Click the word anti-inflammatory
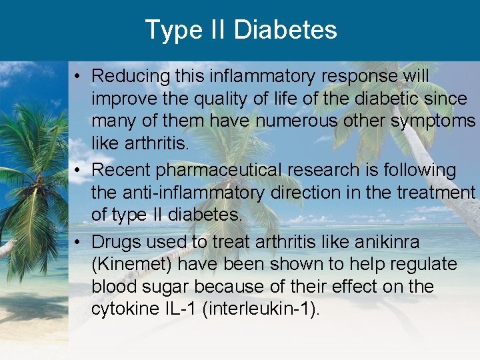click(193, 193)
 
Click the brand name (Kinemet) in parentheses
click(133, 265)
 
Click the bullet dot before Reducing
click(79, 77)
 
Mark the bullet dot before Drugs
click(79, 241)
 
